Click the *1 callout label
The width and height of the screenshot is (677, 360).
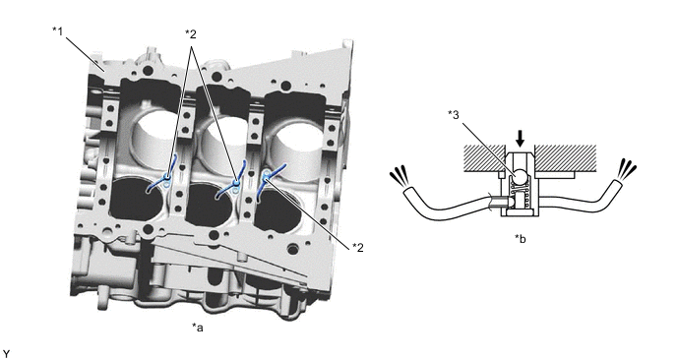(x=58, y=31)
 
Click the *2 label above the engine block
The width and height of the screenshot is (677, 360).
(x=191, y=33)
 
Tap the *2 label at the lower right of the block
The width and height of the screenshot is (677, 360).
(x=357, y=247)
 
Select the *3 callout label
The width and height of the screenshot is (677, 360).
(x=454, y=115)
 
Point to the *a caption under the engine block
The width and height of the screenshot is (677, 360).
(x=198, y=328)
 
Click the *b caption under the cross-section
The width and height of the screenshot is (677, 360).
(x=521, y=238)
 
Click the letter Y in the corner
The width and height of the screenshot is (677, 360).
(x=6, y=354)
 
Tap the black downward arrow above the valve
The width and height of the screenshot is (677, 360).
(x=521, y=139)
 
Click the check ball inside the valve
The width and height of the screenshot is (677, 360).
(x=520, y=176)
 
